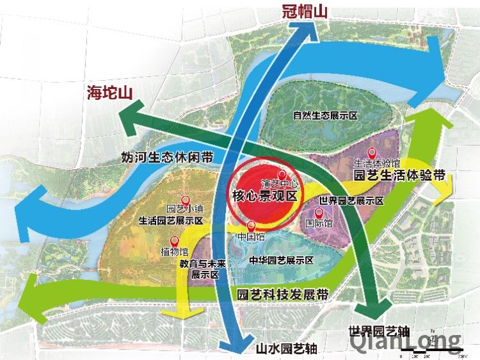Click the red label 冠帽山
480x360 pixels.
(304, 10)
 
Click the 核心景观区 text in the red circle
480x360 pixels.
(264, 196)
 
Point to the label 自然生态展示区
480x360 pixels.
(324, 116)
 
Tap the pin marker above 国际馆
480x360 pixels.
(319, 212)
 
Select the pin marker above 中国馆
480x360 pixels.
(252, 225)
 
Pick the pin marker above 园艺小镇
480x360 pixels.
(186, 200)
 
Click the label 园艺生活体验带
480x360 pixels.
(399, 175)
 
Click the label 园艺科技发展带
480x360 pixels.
(282, 295)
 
